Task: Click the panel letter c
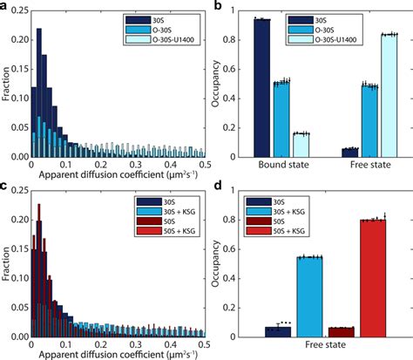(x=5, y=187)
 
